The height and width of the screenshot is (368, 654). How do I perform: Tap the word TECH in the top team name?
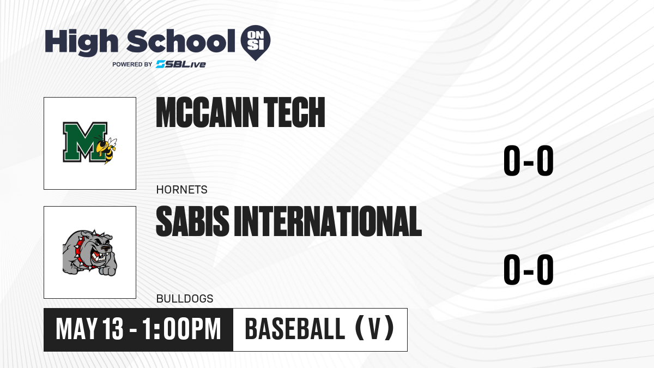(294, 112)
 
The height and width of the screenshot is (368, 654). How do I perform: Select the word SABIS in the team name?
(193, 221)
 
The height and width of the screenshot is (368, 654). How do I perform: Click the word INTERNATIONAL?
(328, 221)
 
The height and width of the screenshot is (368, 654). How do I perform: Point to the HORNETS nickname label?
(181, 190)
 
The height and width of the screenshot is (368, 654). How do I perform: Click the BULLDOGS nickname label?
(185, 299)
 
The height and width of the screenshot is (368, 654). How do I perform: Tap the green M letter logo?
(85, 142)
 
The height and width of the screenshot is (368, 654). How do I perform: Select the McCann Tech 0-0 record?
(529, 161)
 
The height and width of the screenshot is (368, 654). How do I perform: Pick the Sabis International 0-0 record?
(529, 269)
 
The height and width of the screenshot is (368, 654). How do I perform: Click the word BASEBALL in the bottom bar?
(295, 329)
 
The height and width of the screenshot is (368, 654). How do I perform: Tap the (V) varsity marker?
(374, 329)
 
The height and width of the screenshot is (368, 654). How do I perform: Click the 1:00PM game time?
(181, 329)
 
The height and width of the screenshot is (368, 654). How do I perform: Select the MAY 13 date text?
(89, 329)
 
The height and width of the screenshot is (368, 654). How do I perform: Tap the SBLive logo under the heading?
(181, 64)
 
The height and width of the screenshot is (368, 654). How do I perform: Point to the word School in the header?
(181, 41)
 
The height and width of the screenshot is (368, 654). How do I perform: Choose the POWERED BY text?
(132, 64)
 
